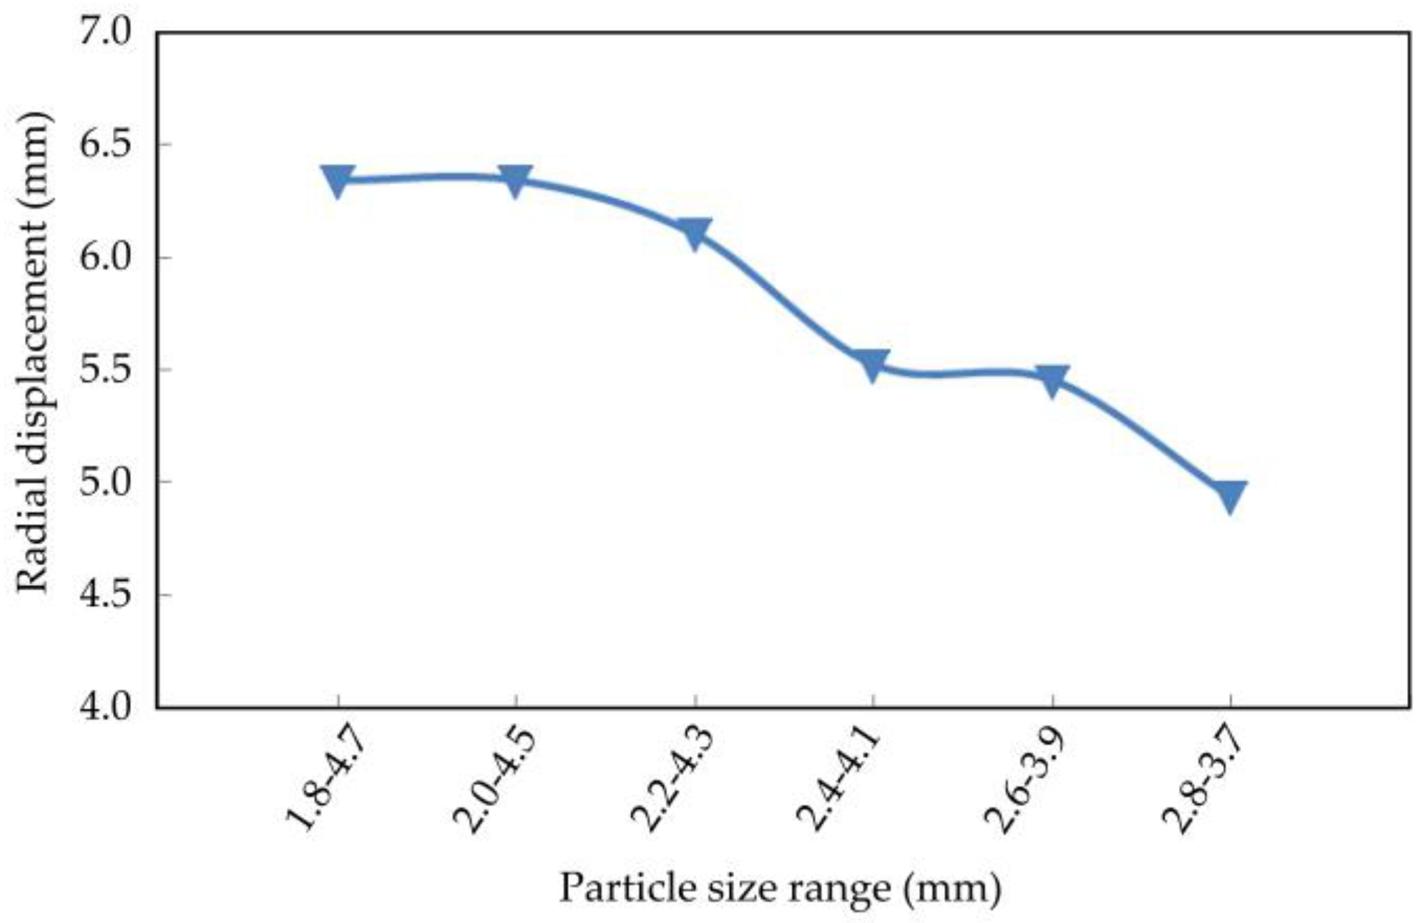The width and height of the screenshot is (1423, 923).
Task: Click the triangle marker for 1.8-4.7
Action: [338, 181]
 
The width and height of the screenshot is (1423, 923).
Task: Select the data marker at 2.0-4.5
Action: [516, 181]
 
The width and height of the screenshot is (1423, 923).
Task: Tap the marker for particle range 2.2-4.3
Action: [694, 234]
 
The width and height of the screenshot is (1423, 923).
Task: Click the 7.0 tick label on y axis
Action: [105, 33]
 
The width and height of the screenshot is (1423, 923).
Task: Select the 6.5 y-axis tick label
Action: [105, 145]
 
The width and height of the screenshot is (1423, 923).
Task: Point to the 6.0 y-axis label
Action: [105, 257]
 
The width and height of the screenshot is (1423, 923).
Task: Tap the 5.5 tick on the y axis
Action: [105, 369]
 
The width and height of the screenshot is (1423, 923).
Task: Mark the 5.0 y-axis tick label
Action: [105, 482]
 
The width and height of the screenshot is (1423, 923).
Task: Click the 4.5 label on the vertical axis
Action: [105, 595]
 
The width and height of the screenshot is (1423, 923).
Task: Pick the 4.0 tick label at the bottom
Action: [105, 707]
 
